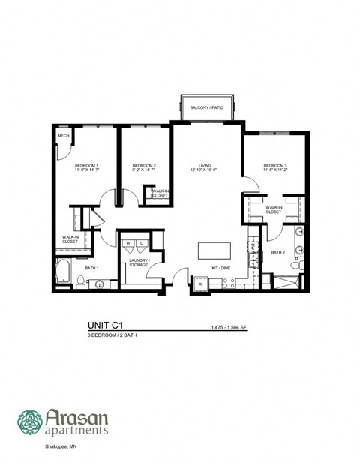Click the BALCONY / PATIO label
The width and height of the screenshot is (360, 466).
click(207, 108)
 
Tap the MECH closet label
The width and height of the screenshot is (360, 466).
click(64, 137)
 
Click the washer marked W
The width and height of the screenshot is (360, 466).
click(128, 244)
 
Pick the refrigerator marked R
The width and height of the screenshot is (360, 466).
click(200, 284)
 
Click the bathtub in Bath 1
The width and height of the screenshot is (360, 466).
click(63, 270)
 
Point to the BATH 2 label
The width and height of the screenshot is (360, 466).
click(278, 253)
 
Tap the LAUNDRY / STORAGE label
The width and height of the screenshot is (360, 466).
click(139, 263)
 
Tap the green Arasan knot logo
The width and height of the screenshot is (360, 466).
click(30, 422)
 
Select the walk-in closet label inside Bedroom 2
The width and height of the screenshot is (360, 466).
click(160, 193)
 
